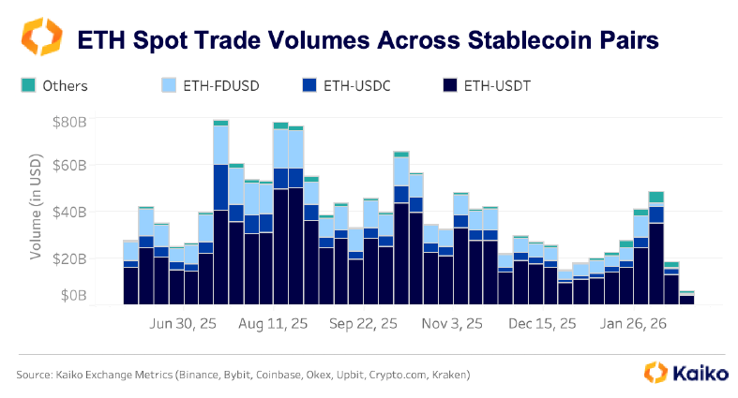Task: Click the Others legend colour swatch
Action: pyautogui.click(x=27, y=85)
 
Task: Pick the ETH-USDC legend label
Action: pyautogui.click(x=354, y=86)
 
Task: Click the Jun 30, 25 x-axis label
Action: pyautogui.click(x=183, y=325)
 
